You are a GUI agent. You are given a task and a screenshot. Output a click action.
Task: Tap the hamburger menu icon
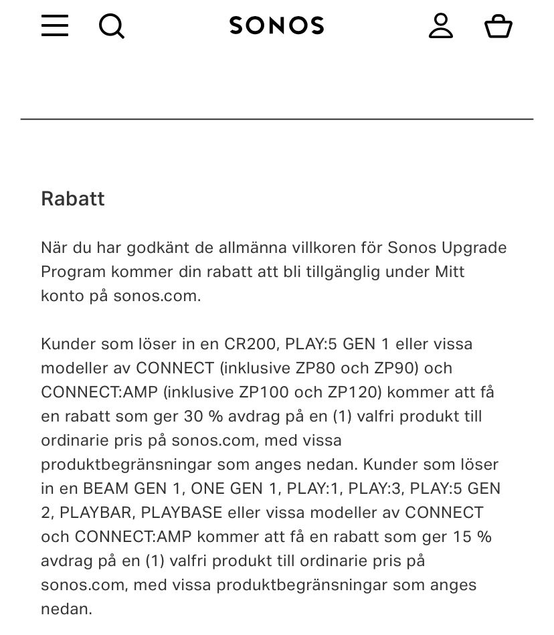click(x=55, y=25)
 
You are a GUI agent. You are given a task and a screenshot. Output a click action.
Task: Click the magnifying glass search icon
click(x=112, y=26)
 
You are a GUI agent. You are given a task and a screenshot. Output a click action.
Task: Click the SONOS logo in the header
click(x=276, y=25)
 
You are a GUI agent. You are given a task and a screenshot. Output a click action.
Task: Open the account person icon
click(x=441, y=25)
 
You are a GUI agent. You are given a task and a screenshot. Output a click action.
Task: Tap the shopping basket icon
click(x=498, y=26)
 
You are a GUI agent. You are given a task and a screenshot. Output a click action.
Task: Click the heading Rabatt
click(x=73, y=199)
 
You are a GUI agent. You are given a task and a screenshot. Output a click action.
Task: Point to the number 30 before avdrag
click(x=193, y=416)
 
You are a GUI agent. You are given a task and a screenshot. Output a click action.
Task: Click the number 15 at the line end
click(x=463, y=537)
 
